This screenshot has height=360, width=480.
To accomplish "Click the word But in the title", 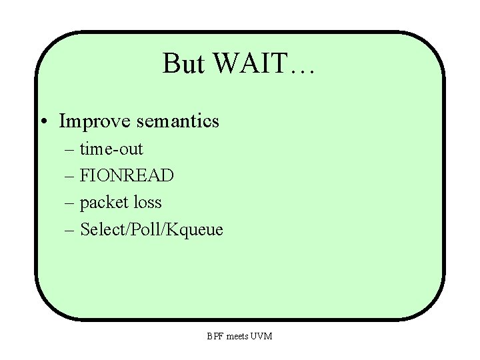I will click(181, 64).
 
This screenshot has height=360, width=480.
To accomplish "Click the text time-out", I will click(111, 148).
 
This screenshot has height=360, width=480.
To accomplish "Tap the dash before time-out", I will click(71, 149).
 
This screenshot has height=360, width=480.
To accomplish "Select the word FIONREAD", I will click(127, 175).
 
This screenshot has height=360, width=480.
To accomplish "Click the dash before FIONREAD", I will click(71, 177).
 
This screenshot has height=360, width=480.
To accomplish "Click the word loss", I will click(145, 202).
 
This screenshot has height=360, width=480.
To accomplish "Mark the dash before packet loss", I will click(71, 203).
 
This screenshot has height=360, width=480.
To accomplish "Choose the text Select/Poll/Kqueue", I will click(152, 230).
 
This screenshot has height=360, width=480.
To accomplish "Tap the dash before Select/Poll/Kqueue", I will click(71, 231).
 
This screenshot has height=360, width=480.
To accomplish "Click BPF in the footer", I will click(214, 336).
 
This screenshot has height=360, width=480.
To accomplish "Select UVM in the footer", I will click(262, 336).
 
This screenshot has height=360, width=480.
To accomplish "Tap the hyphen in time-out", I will click(112, 150).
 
